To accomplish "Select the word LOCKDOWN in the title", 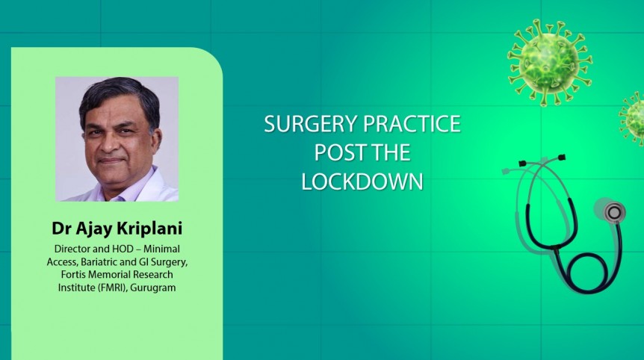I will click(362, 181).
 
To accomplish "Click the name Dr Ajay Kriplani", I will click(116, 228).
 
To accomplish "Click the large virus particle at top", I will click(549, 60).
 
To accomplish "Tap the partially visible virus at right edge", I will click(634, 118).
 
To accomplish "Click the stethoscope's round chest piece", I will click(613, 212).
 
